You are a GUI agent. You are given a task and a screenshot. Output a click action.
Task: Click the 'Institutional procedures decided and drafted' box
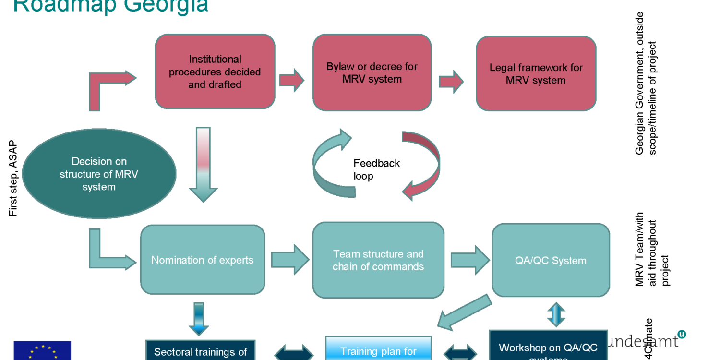[215, 72]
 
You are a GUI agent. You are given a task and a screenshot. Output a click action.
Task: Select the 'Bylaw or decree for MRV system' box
[372, 72]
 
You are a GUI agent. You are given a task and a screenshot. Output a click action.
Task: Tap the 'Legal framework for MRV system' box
[536, 73]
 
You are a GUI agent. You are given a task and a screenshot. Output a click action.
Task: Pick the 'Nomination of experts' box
[202, 260]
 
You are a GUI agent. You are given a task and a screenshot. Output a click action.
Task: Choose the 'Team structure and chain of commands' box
[378, 260]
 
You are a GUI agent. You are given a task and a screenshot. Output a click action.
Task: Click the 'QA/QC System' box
[551, 260]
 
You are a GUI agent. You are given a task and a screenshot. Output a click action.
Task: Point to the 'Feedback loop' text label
[376, 169]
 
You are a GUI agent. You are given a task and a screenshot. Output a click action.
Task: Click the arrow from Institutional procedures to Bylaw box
[291, 80]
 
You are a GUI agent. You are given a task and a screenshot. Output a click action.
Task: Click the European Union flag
[42, 351]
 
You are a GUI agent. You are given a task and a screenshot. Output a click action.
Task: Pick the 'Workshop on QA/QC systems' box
[548, 347]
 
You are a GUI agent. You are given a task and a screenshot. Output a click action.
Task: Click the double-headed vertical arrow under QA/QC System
[556, 314]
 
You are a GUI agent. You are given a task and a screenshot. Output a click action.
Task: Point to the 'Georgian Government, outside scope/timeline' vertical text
[645, 83]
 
